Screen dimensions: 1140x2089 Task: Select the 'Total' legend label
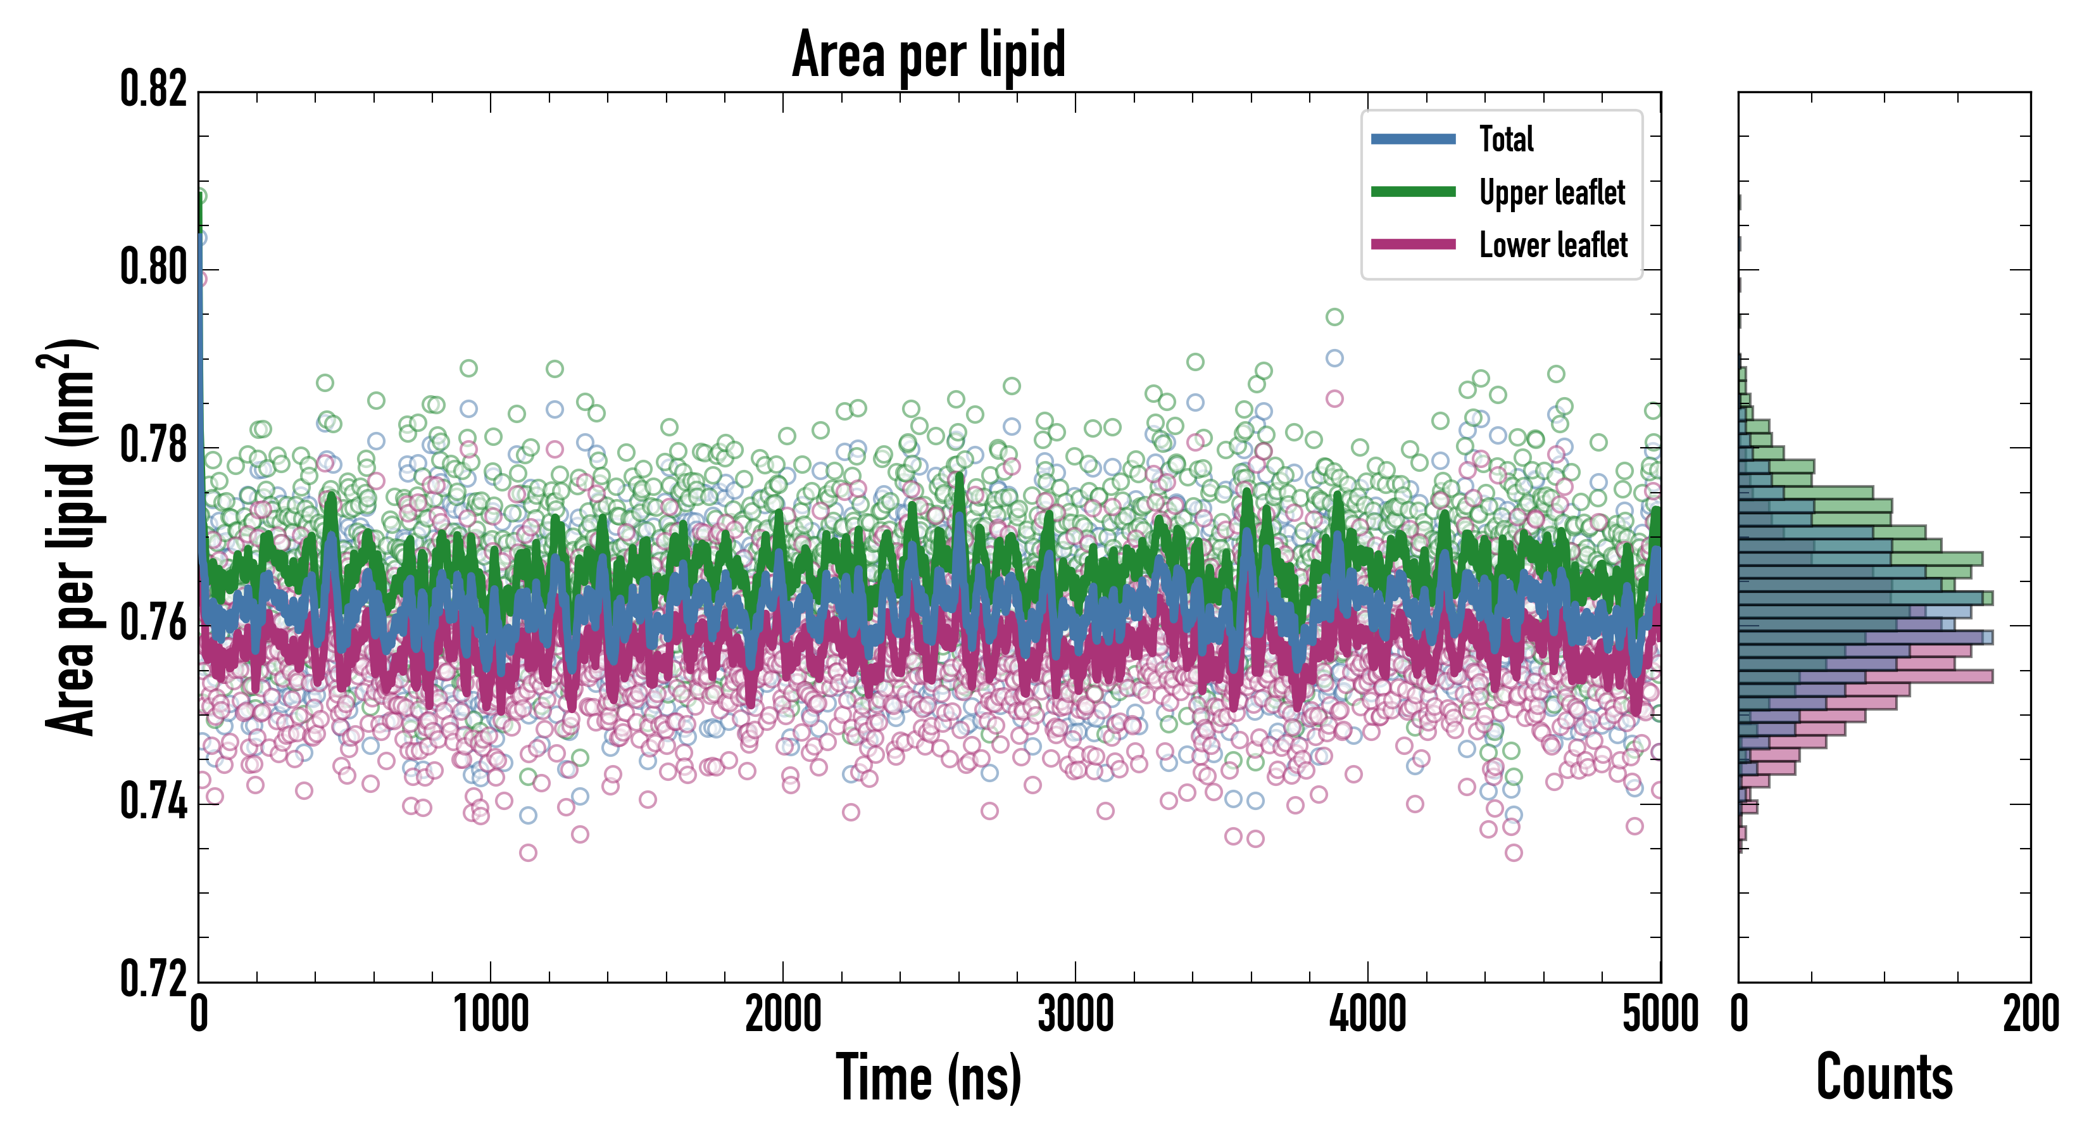click(x=1506, y=139)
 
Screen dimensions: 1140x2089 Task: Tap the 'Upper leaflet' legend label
click(x=1552, y=193)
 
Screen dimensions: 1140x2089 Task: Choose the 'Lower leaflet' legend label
click(x=1552, y=245)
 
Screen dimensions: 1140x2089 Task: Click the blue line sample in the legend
click(x=1413, y=139)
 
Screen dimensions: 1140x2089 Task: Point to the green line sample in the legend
click(x=1413, y=191)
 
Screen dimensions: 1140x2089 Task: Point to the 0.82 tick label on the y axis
click(x=153, y=89)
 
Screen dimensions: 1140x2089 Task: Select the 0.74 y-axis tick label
click(x=153, y=802)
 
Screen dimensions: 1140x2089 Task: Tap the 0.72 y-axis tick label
click(x=153, y=978)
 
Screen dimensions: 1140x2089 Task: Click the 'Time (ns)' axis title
click(x=929, y=1077)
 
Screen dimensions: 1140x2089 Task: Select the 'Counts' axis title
click(x=1885, y=1077)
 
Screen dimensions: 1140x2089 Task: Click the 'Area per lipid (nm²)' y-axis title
click(x=70, y=537)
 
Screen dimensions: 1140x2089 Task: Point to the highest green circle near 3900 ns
click(x=1334, y=317)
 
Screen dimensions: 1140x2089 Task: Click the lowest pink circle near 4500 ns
click(x=1513, y=852)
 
